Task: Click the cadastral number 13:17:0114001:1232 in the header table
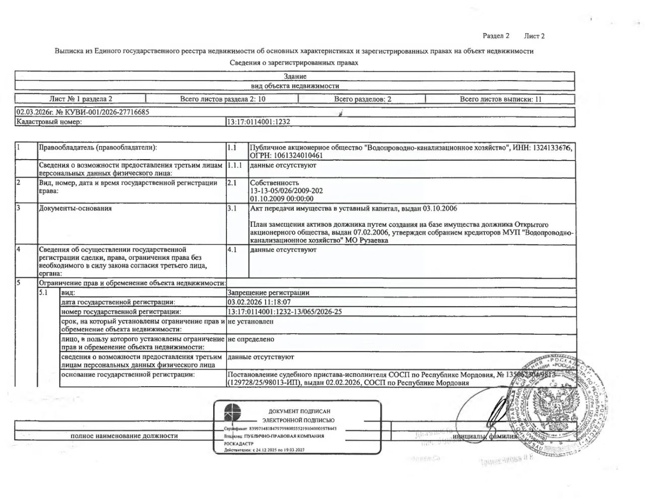[x=259, y=121]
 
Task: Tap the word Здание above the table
[x=295, y=77]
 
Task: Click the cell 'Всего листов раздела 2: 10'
[x=223, y=99]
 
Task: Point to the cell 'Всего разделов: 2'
[x=362, y=99]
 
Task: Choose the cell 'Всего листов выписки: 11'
[x=500, y=99]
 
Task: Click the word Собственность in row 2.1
[x=275, y=183]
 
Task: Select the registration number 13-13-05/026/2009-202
[x=286, y=191]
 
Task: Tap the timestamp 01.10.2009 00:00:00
[x=281, y=199]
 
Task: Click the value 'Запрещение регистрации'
[x=269, y=293]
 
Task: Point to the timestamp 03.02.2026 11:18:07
[x=259, y=302]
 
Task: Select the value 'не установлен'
[x=250, y=321]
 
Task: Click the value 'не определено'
[x=251, y=339]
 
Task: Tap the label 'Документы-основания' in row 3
[x=76, y=208]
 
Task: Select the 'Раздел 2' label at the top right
[x=496, y=36]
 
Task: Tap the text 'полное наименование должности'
[x=124, y=436]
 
